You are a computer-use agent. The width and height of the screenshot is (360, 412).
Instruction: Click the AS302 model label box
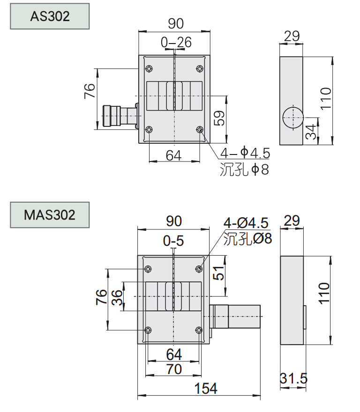50,16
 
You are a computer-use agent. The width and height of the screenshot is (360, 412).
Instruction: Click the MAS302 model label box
50,215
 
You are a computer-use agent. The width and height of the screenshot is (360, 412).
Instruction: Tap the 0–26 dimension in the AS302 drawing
176,43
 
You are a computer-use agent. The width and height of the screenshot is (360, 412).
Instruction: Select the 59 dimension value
219,118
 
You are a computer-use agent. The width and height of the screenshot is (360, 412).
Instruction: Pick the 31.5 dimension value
293,378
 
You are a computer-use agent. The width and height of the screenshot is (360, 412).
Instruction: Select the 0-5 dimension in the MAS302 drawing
173,241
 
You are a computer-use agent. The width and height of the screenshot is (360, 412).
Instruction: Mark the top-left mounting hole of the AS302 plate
149,69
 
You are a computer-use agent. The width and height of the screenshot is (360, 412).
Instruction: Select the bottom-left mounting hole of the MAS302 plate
148,330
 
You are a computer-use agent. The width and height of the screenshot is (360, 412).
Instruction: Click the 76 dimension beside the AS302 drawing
89,90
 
